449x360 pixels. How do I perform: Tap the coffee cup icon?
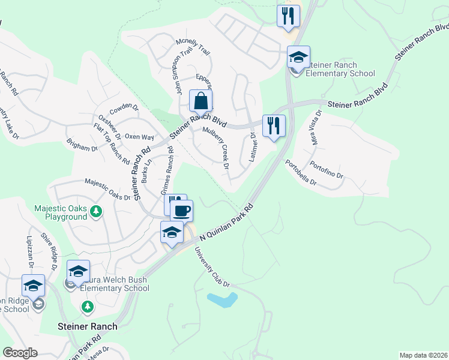pos(181,211)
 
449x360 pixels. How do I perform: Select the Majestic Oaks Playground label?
pos(61,212)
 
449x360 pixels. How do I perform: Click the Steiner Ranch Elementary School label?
pos(340,70)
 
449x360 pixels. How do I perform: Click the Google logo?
pos(20,353)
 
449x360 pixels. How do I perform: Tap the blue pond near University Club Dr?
pos(221,299)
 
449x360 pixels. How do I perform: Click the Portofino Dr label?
pos(327,170)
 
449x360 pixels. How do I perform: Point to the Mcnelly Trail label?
pos(193,46)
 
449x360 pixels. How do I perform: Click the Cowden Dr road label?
pos(124,107)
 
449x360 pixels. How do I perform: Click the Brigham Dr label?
pos(82,145)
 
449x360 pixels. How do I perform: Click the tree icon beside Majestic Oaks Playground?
pos(95,211)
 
